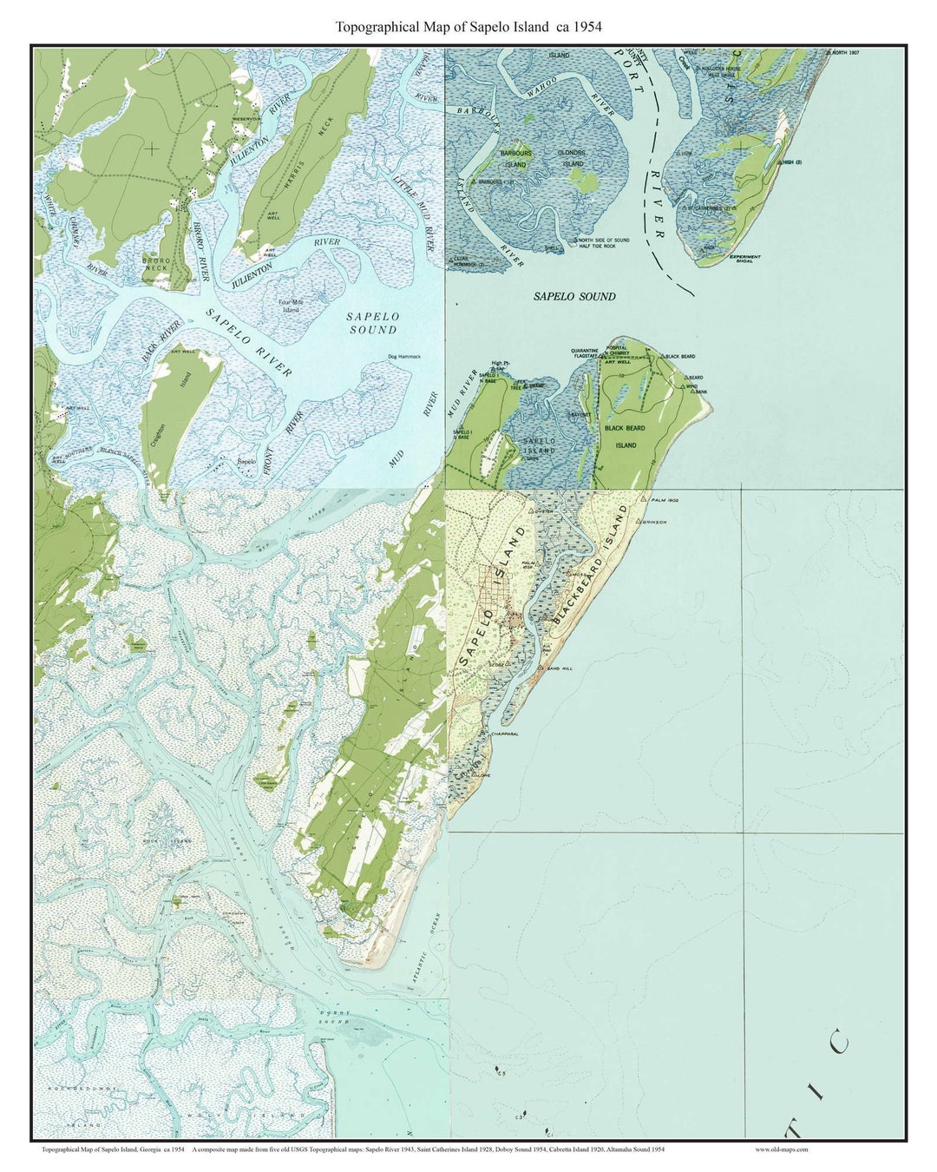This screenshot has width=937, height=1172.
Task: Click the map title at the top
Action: [468, 27]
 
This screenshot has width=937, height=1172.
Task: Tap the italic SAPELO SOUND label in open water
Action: [574, 297]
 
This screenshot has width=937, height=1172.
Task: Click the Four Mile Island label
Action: [291, 306]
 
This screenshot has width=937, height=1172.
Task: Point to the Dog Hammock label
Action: [403, 357]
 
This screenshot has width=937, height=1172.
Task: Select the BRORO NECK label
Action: [157, 264]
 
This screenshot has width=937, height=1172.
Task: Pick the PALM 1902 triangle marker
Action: [643, 501]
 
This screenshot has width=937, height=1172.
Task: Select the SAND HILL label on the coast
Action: [557, 668]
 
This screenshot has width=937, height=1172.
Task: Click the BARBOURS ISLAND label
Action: [515, 159]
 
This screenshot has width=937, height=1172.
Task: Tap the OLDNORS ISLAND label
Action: [572, 158]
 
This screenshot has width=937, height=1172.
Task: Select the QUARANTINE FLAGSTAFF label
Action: [585, 353]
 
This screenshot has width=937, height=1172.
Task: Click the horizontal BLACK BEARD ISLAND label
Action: [626, 437]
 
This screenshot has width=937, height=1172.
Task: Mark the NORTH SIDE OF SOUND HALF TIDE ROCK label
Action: [603, 243]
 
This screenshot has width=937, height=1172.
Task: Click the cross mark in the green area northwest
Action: [152, 148]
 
